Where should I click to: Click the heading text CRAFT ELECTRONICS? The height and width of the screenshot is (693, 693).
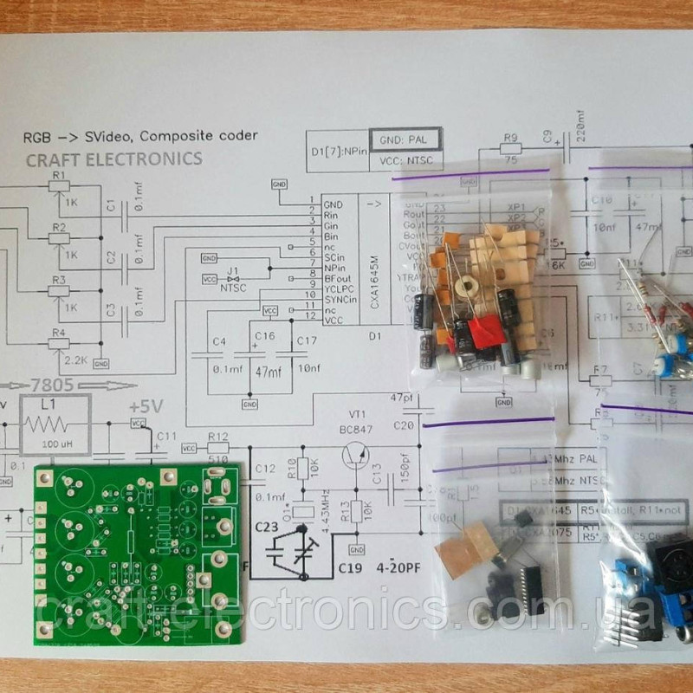(113, 159)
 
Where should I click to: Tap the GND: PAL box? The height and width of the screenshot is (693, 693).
(405, 139)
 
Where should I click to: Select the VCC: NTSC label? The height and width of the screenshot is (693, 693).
(405, 161)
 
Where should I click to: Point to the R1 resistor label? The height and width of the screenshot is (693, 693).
(58, 175)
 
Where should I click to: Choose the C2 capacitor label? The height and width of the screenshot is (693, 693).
(110, 257)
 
